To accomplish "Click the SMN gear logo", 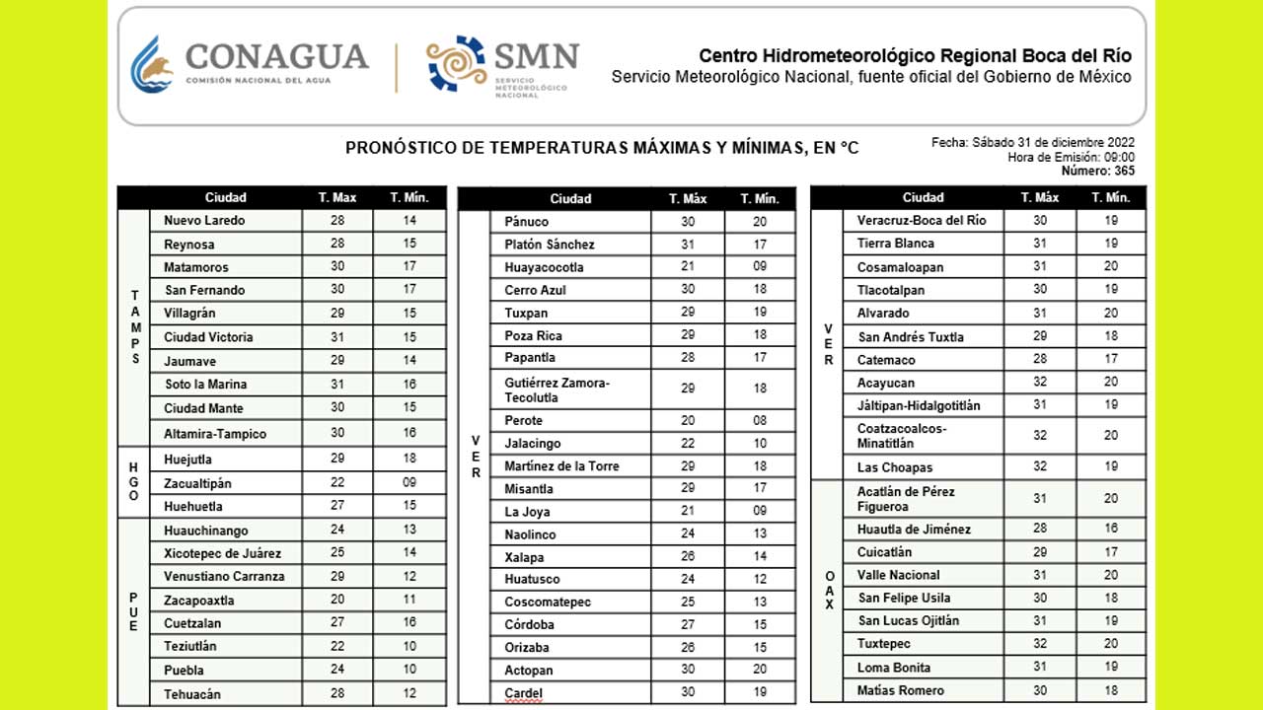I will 456,63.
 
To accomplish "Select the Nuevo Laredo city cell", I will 204,221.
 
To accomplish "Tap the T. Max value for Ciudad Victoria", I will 337,337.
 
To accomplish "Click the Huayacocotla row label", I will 544,267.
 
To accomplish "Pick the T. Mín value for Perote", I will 760,421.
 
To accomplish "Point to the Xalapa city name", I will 524,557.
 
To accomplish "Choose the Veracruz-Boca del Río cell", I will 922,221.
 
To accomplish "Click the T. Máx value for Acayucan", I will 1040,383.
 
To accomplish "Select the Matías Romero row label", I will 900,690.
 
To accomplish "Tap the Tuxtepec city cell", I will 885,644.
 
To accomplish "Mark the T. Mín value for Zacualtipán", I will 409,483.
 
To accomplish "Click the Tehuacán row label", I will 192,694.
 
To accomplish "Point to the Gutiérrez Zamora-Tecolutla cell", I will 557,390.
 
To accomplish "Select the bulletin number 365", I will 1124,171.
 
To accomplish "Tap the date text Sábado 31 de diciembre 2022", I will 1053,143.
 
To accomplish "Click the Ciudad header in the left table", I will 225,198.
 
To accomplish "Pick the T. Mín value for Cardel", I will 760,693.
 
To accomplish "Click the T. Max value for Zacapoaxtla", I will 337,601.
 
